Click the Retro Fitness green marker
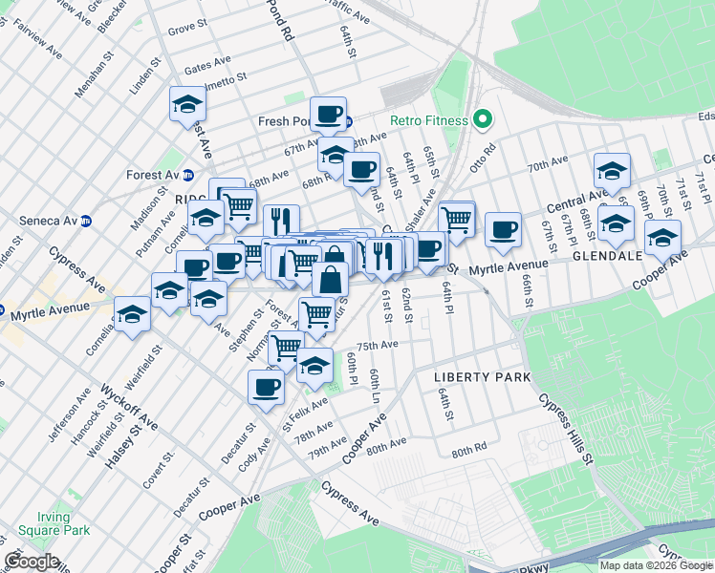pos(483,120)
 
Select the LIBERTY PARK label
pos(482,377)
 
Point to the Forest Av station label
pos(153,175)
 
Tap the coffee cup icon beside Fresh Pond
pos(328,115)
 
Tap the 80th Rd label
pos(469,446)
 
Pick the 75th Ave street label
pos(377,345)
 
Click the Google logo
pos(31,562)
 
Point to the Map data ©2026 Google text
pos(656,565)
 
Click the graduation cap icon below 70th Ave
pos(612,171)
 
